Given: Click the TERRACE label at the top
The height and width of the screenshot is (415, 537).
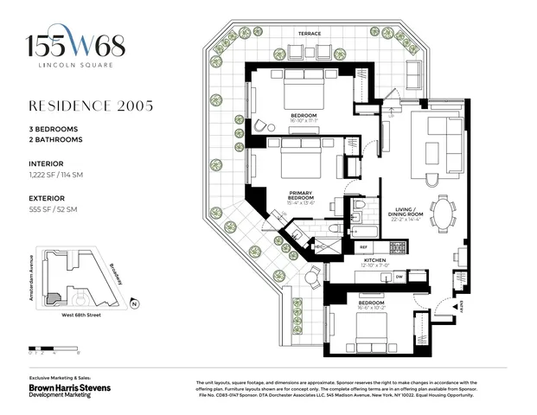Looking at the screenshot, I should coord(310,34).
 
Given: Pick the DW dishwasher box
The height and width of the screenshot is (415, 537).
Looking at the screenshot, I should coord(399,277).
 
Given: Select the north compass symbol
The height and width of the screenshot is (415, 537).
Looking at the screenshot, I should coord(134,303).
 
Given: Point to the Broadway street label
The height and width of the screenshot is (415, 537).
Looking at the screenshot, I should coord(115,277).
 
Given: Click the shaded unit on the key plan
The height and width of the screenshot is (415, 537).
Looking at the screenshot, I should coord(54,297).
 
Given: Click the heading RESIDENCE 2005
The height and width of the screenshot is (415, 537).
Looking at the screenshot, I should coord(92,106).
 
